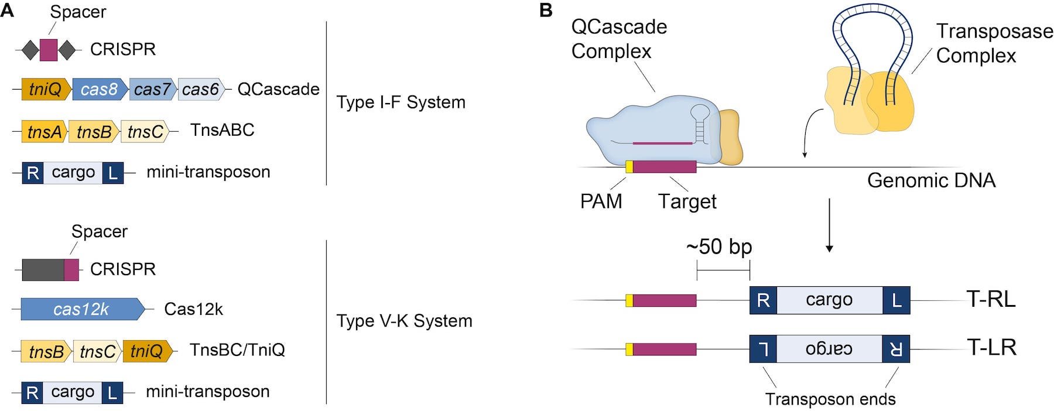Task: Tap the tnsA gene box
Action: pyautogui.click(x=45, y=132)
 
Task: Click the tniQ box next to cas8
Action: pyautogui.click(x=46, y=90)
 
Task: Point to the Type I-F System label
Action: pyautogui.click(x=401, y=102)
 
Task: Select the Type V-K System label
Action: pyautogui.click(x=404, y=321)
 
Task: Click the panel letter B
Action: pyautogui.click(x=545, y=11)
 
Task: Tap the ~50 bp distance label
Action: pyautogui.click(x=719, y=246)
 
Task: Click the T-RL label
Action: pyautogui.click(x=991, y=299)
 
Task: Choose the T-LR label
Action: pyautogui.click(x=991, y=347)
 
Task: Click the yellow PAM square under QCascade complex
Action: pyautogui.click(x=629, y=167)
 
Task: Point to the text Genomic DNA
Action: pyautogui.click(x=931, y=180)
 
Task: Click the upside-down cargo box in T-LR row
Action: pyautogui.click(x=829, y=348)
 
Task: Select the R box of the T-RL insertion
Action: pyautogui.click(x=763, y=300)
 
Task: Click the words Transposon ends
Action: pyautogui.click(x=830, y=399)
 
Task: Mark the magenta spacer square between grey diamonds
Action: pyautogui.click(x=49, y=50)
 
